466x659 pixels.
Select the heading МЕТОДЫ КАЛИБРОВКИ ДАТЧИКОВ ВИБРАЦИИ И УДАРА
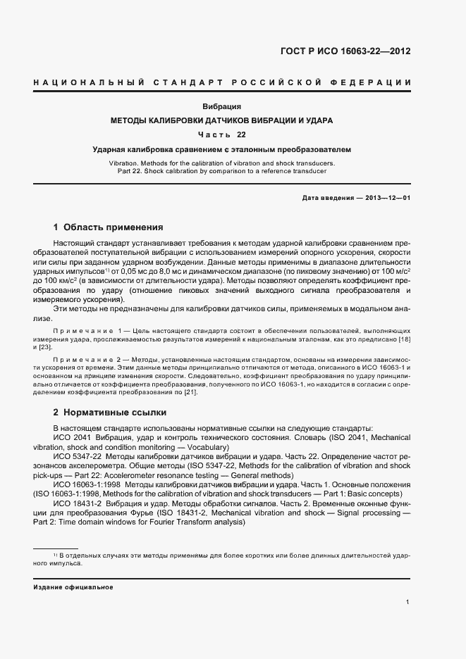(222, 120)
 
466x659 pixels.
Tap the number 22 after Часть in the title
(242, 134)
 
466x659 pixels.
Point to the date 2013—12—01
(386, 198)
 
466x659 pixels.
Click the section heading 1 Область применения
(109, 227)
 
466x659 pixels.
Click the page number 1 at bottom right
(408, 602)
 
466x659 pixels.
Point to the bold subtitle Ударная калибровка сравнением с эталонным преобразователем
(222, 149)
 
